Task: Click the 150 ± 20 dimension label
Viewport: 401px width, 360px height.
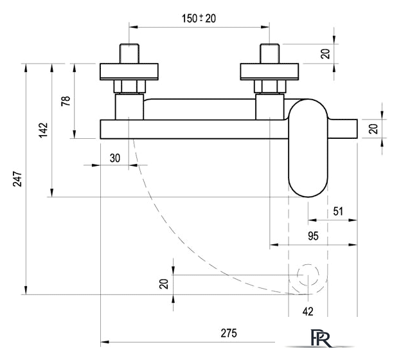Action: (199, 19)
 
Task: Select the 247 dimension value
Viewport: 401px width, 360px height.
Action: (17, 179)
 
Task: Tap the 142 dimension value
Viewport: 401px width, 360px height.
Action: (44, 130)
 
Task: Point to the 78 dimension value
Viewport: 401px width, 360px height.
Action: (66, 101)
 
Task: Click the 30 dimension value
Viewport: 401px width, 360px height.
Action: (115, 158)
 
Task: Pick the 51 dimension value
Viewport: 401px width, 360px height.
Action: (338, 212)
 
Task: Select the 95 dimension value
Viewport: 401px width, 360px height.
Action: (313, 236)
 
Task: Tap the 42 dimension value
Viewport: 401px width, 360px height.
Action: (308, 311)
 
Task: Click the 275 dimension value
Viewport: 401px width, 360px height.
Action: (229, 333)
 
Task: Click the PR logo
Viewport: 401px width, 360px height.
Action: (321, 338)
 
